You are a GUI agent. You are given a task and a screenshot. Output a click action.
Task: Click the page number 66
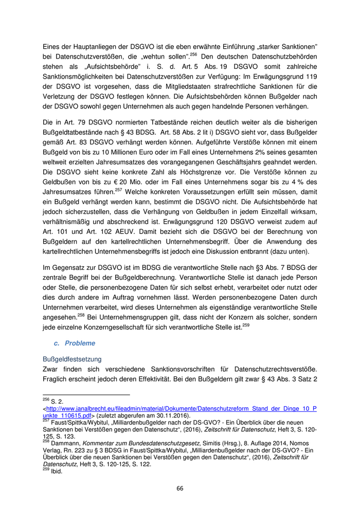180,488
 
